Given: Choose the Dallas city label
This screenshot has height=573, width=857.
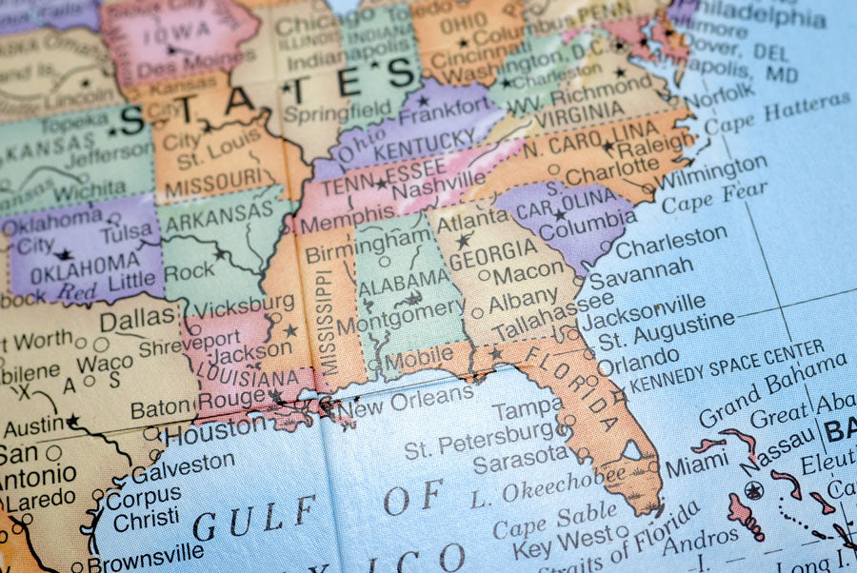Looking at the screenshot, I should click(x=137, y=320).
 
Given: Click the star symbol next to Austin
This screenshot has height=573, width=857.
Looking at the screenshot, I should click(x=72, y=420).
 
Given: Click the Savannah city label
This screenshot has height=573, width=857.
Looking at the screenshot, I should click(x=641, y=274).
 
